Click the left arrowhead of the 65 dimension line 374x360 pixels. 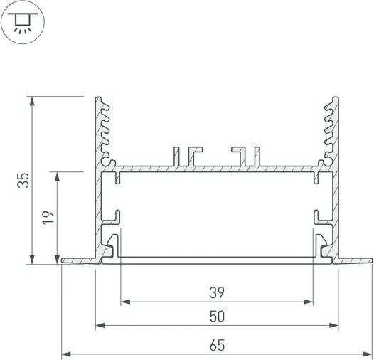[66, 352]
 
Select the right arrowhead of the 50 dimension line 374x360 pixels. [335, 327]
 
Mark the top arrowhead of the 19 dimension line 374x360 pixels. [56, 175]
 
